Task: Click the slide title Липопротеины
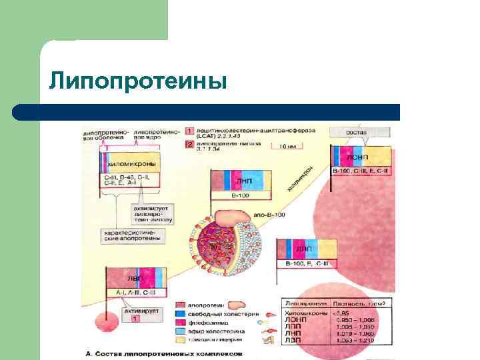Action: coord(139,81)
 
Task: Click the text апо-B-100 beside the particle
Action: coord(269,215)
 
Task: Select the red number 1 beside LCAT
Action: coord(189,129)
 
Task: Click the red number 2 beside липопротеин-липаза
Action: coord(189,143)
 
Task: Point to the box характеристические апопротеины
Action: coord(133,236)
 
